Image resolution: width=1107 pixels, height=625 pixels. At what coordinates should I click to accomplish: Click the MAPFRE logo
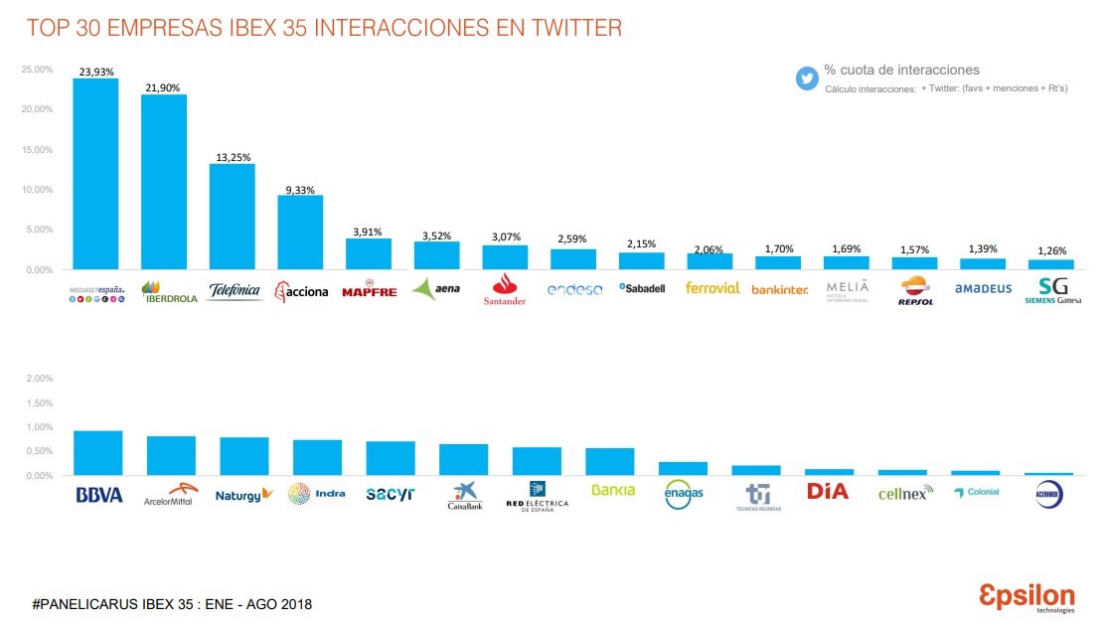coord(369,291)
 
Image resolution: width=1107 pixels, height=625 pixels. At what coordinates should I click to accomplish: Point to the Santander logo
coord(505,289)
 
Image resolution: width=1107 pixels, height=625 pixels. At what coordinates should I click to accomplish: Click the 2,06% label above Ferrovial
coord(709,248)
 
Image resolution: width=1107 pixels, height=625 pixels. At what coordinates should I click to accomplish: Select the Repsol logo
coord(915,290)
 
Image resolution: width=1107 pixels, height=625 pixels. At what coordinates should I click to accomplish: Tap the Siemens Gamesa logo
coord(1052,290)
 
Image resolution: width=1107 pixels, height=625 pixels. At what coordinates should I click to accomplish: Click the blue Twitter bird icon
coord(806,78)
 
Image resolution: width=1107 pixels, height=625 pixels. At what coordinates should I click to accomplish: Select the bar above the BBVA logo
coord(98,453)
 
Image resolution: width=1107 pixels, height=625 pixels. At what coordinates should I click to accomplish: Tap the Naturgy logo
coord(243,494)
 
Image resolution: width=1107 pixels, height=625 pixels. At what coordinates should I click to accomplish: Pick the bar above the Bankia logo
coord(610,462)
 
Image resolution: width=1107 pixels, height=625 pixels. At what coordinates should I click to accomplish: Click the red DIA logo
coord(828,491)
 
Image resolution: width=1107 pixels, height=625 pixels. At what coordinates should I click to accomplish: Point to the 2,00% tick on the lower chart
coord(39,379)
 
